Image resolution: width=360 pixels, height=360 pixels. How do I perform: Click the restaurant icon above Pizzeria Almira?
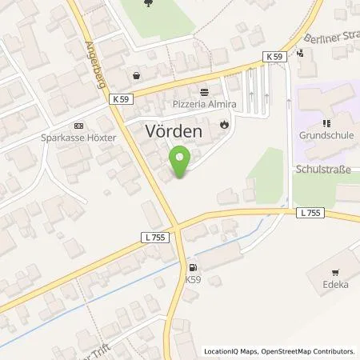point(205,92)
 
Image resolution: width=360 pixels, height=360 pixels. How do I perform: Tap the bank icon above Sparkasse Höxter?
point(78,125)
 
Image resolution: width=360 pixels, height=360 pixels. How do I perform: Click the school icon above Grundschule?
point(326,123)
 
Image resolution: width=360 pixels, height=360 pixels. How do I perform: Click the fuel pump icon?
point(191,268)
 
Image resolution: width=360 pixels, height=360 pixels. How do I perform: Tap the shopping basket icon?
point(137,76)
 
